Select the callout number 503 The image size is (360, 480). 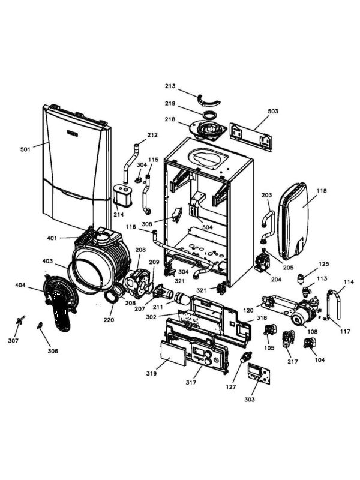[x=273, y=112]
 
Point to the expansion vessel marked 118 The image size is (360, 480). [x=296, y=219]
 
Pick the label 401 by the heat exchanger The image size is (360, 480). [x=53, y=238]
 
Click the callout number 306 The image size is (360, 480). [x=53, y=351]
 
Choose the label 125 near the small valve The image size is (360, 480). [x=323, y=264]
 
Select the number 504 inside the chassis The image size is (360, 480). [x=207, y=227]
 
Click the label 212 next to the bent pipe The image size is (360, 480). [x=152, y=134]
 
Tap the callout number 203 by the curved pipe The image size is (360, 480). [x=266, y=195]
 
